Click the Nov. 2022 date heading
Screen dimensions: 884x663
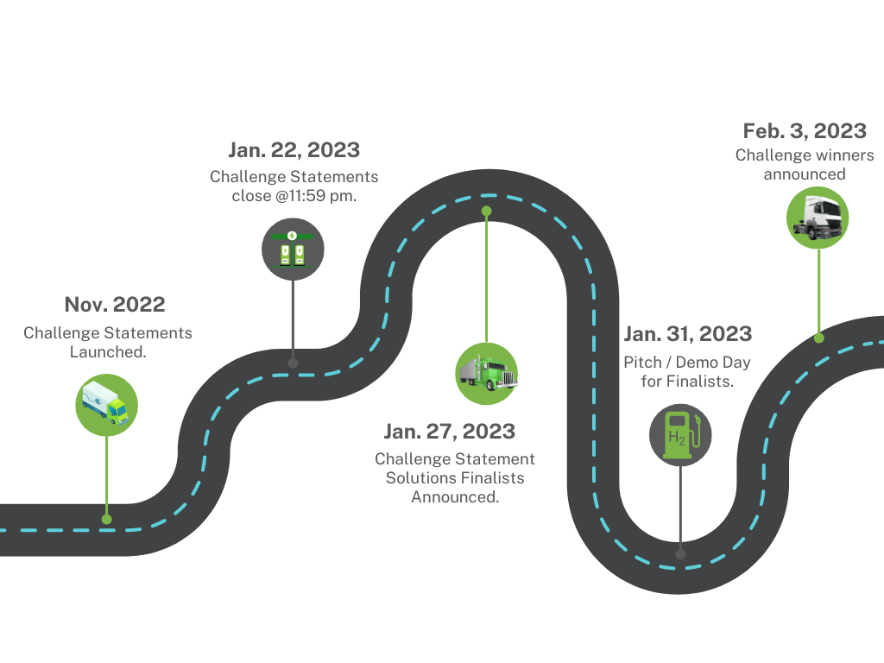[115, 305]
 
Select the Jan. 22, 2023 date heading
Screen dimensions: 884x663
[294, 150]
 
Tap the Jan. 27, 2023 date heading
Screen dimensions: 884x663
[449, 432]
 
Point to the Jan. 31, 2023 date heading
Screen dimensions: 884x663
[688, 334]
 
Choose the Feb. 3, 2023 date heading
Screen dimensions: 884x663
[805, 131]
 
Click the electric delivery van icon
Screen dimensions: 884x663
[106, 405]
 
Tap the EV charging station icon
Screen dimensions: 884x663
[293, 249]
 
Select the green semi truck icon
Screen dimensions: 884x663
[487, 373]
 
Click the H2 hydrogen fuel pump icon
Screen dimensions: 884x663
[680, 435]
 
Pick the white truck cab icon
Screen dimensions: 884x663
[818, 218]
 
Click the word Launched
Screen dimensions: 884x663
[108, 352]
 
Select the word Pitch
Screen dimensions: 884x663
[642, 362]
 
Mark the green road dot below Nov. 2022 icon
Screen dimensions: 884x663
[106, 519]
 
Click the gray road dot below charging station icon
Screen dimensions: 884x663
[293, 363]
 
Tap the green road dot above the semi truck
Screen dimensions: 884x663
[487, 211]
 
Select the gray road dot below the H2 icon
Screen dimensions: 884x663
[680, 554]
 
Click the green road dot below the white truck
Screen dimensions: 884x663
[818, 338]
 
